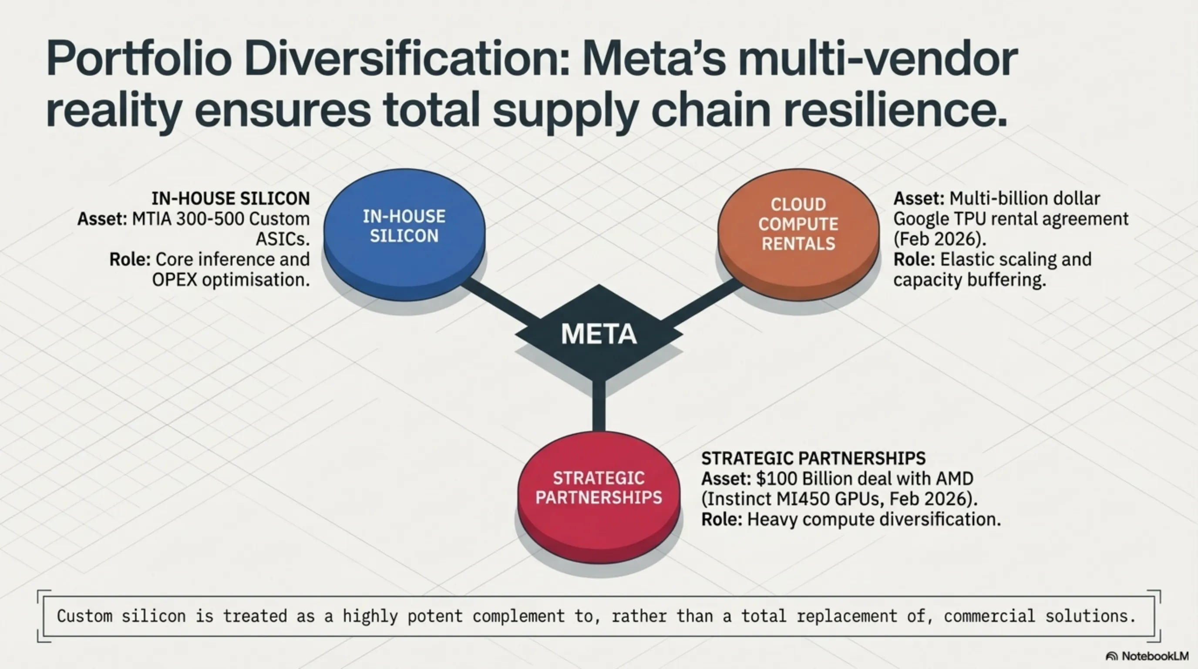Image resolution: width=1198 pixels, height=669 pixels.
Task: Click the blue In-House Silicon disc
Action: pyautogui.click(x=404, y=233)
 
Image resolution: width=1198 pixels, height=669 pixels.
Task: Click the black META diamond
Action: pyautogui.click(x=599, y=334)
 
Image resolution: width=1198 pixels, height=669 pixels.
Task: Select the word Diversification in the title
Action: pyautogui.click(x=407, y=60)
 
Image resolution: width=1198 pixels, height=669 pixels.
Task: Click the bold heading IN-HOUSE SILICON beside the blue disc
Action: pyautogui.click(x=231, y=199)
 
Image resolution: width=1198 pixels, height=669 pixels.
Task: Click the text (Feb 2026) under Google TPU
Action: pyautogui.click(x=939, y=239)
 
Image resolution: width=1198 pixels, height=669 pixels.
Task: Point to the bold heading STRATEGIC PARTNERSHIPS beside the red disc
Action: pyautogui.click(x=813, y=459)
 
